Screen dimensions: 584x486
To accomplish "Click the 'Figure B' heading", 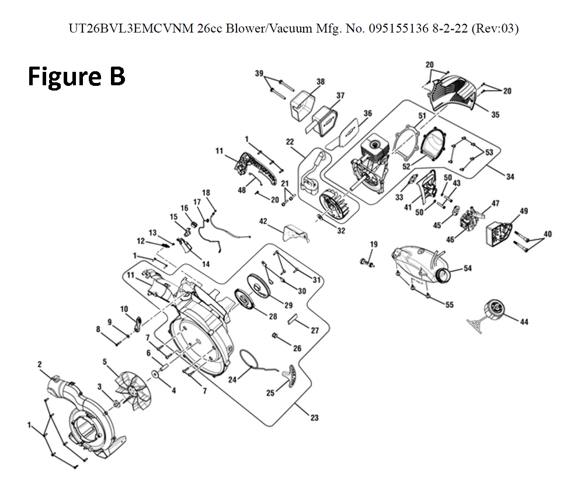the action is pyautogui.click(x=77, y=77).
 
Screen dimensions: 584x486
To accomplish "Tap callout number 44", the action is pyautogui.click(x=524, y=322).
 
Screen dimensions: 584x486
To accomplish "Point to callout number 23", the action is pyautogui.click(x=315, y=418).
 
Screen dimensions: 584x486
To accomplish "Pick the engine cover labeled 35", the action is pyautogui.click(x=453, y=93).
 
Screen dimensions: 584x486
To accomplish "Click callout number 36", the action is pyautogui.click(x=367, y=113).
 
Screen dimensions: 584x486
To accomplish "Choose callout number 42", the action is pyautogui.click(x=263, y=221).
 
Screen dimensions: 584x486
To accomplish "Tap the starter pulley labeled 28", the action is pyautogui.click(x=245, y=298).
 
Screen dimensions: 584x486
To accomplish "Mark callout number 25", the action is pyautogui.click(x=270, y=393).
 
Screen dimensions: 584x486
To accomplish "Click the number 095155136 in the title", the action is pyautogui.click(x=398, y=28).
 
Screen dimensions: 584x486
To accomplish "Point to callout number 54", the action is pyautogui.click(x=468, y=268).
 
